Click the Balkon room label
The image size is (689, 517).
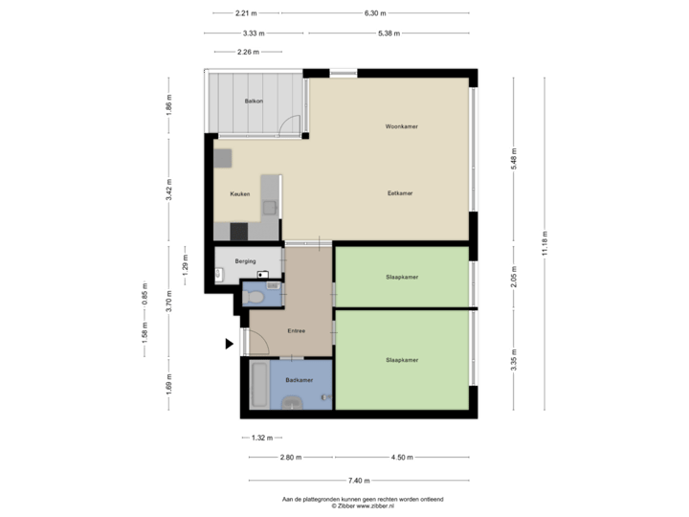pyautogui.click(x=254, y=101)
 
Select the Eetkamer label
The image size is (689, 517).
pyautogui.click(x=399, y=192)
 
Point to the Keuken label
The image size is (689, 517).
pyautogui.click(x=240, y=193)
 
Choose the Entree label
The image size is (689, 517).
pyautogui.click(x=296, y=331)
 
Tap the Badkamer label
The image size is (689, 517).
pyautogui.click(x=299, y=380)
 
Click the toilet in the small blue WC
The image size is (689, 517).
pyautogui.click(x=254, y=298)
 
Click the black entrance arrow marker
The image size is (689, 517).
pyautogui.click(x=229, y=343)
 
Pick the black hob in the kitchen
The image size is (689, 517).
pyautogui.click(x=237, y=231)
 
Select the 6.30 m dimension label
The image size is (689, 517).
pyautogui.click(x=375, y=13)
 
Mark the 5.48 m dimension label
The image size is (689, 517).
pyautogui.click(x=514, y=158)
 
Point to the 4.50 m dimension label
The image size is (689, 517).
pyautogui.click(x=402, y=457)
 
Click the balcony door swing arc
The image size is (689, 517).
pyautogui.click(x=288, y=123)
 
